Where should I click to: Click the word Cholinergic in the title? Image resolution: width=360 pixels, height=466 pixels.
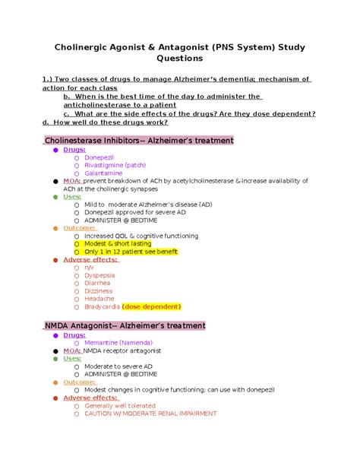tap(87, 48)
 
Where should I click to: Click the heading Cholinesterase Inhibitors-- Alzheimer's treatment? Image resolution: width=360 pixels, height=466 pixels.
tap(140, 141)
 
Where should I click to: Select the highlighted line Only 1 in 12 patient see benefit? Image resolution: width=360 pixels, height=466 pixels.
tap(136, 254)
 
